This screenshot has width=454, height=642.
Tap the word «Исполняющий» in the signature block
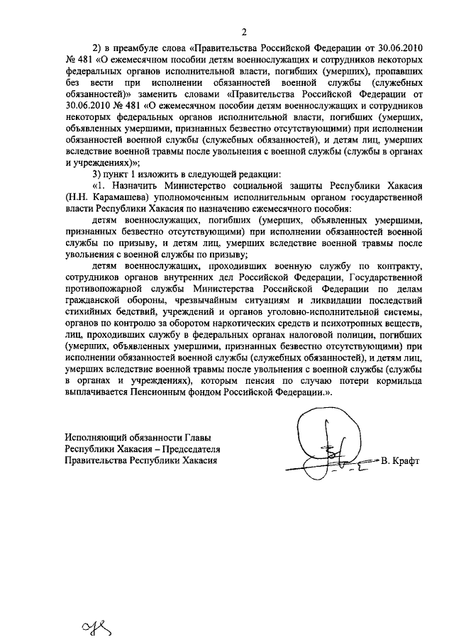93,438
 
